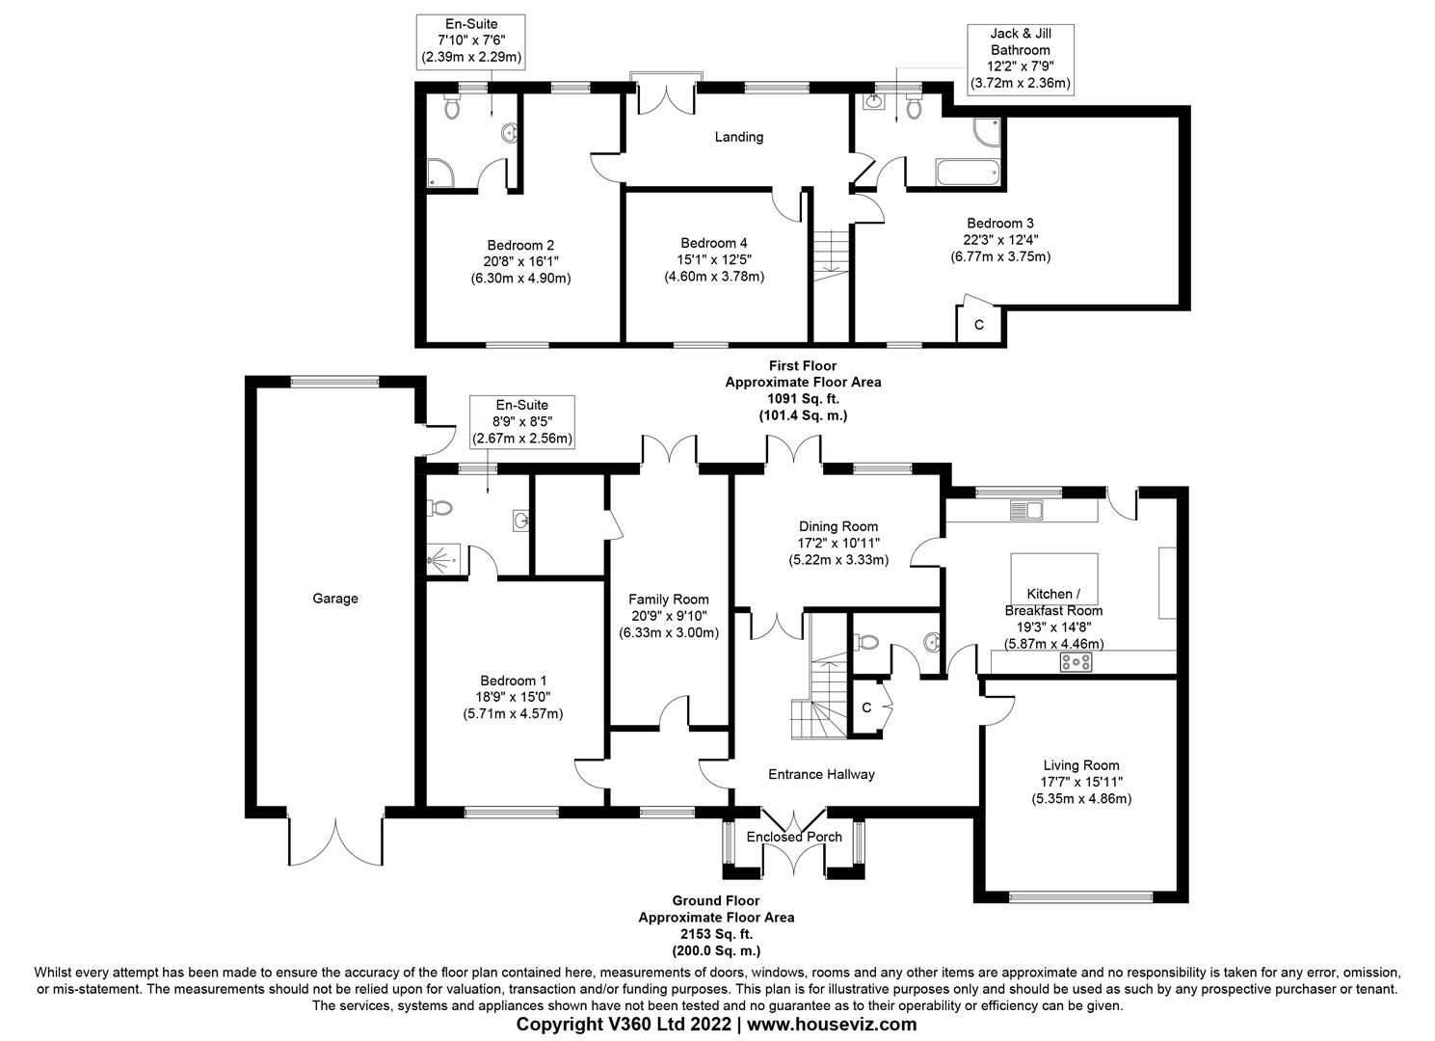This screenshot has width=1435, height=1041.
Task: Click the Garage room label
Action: (334, 599)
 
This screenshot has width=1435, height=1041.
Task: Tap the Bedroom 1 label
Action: (513, 679)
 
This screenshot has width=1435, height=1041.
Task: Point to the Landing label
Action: (739, 137)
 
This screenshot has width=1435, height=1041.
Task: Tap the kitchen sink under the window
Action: (1026, 509)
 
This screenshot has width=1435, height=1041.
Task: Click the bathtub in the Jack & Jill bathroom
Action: (968, 174)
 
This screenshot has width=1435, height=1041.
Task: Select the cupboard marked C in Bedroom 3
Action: (979, 325)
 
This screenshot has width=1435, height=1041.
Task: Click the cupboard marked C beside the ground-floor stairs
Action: (867, 708)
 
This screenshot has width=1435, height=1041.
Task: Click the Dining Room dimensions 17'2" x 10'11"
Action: (837, 543)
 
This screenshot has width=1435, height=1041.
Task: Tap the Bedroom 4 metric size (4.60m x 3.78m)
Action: (714, 277)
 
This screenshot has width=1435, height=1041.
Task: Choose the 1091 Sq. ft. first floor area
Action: (802, 398)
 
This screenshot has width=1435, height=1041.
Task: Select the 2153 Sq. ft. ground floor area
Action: (716, 934)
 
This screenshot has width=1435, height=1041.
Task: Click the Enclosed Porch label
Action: (794, 837)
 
